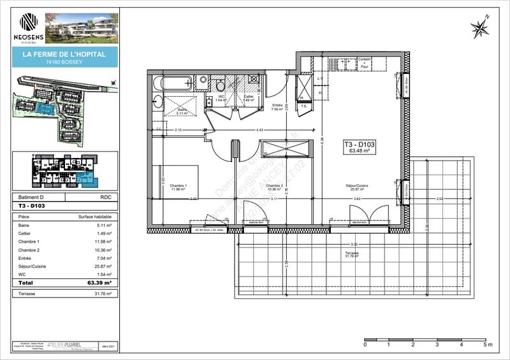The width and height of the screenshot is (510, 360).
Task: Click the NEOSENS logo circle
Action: click(x=29, y=22)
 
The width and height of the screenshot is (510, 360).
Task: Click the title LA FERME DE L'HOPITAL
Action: click(x=65, y=55)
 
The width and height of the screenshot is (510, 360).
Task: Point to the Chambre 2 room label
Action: click(x=274, y=187)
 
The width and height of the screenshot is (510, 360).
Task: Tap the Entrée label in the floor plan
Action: click(x=277, y=106)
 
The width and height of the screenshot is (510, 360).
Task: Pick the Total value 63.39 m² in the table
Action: click(x=100, y=282)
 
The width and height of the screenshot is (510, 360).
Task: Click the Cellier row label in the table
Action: click(x=25, y=233)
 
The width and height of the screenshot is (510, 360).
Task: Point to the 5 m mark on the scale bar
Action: click(x=486, y=344)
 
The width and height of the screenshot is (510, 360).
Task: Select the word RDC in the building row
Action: click(x=106, y=198)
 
